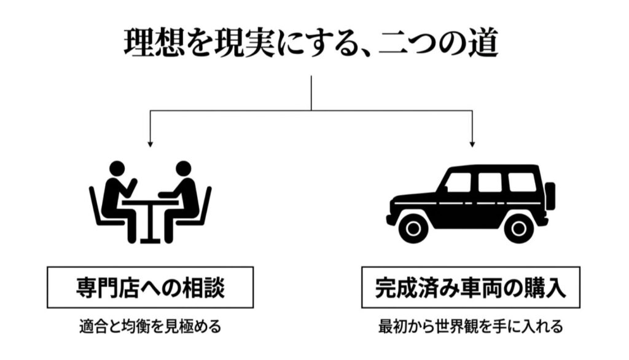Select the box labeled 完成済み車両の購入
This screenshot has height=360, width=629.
tap(471, 287)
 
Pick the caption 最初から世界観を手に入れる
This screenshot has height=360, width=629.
tap(471, 326)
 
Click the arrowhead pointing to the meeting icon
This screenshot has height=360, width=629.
tap(149, 144)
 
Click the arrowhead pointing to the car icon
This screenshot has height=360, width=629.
tap(472, 144)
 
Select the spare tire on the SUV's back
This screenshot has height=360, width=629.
tap(550, 196)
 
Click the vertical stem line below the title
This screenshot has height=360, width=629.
tap(311, 92)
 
